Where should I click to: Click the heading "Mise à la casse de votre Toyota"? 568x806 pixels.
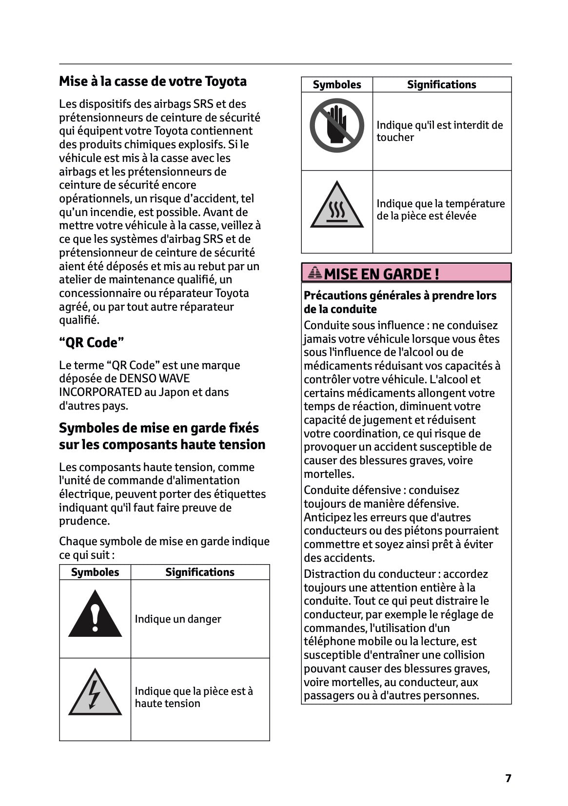coord(153,81)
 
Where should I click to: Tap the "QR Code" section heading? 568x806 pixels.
coord(92,342)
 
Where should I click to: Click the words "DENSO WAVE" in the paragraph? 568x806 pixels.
coord(155,378)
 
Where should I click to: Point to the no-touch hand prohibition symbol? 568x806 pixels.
coord(337,125)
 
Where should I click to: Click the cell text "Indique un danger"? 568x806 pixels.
coord(178,619)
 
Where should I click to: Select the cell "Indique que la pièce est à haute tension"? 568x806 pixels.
coord(194,697)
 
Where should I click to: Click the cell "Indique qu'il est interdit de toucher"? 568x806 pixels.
coord(439,131)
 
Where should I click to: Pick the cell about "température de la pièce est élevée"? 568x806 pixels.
coord(440,209)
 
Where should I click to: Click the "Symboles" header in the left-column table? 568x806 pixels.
coord(95,572)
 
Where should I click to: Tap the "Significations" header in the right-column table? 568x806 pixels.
coord(441,84)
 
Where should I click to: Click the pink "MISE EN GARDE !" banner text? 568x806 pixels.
coord(381,274)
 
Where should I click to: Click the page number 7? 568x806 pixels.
coord(508,778)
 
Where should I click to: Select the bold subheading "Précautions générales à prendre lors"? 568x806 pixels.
coord(400,295)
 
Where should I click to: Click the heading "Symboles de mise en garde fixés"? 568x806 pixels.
coord(159,428)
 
